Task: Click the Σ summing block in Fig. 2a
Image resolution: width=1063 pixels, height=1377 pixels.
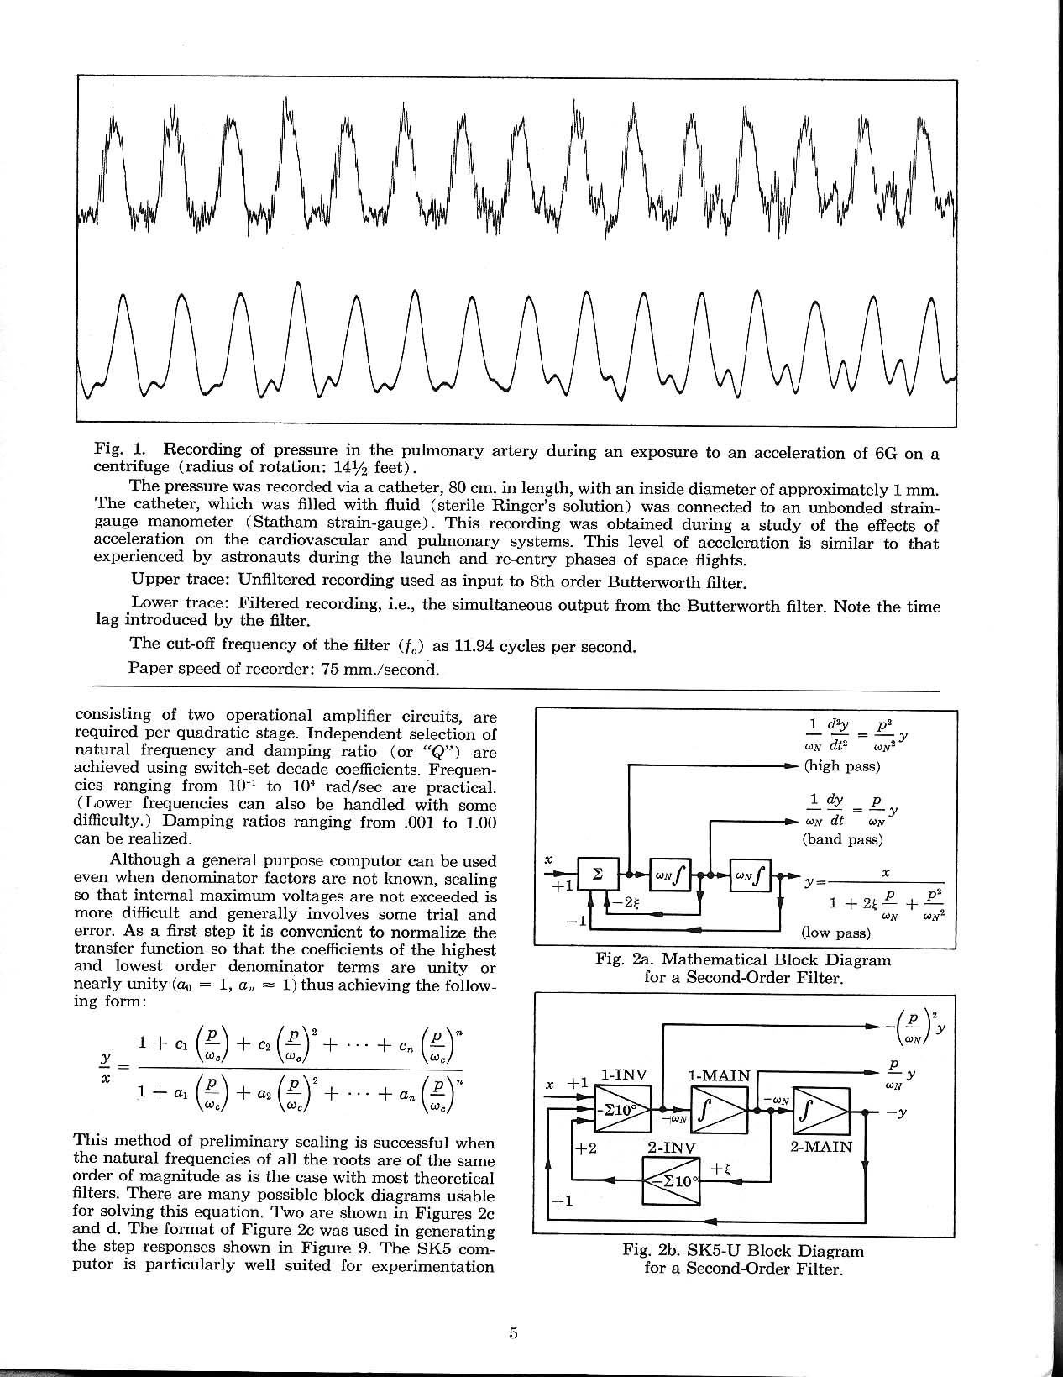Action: [x=597, y=874]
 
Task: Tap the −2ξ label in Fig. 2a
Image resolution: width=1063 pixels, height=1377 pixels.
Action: [x=626, y=901]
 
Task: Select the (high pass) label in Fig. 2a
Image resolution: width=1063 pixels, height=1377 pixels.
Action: [x=841, y=765]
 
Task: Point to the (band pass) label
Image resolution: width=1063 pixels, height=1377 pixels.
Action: [x=843, y=838]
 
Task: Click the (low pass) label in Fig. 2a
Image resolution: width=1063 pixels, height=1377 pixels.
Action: [x=836, y=932]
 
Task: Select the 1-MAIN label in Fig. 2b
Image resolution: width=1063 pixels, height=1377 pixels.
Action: [x=719, y=1075]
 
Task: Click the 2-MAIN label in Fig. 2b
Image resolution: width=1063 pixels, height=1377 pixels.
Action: [x=822, y=1146]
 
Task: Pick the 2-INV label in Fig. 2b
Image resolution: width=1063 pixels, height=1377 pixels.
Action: [x=672, y=1147]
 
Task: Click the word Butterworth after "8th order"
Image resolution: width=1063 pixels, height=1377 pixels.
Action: [x=655, y=581]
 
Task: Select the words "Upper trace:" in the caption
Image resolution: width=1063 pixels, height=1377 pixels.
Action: [x=181, y=581]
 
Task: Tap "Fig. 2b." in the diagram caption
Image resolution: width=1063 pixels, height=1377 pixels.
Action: [x=652, y=1250]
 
